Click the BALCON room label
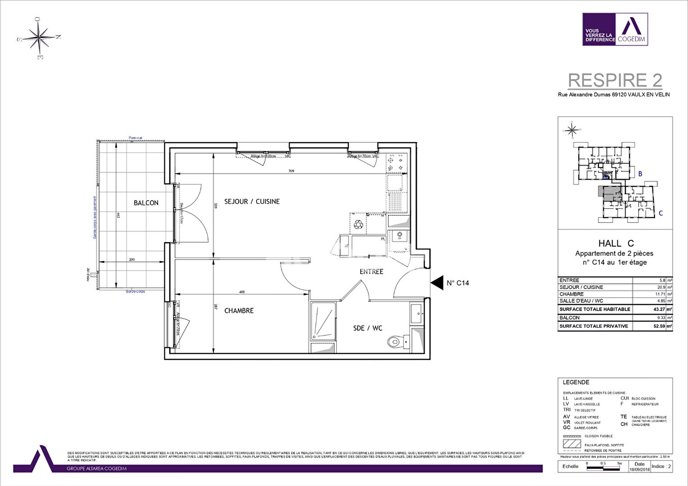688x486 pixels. [146, 203]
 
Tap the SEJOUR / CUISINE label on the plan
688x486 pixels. [252, 202]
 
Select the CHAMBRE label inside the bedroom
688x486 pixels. [239, 310]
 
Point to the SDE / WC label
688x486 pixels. [367, 328]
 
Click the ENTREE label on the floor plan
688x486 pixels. [371, 271]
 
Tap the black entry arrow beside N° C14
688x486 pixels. [437, 283]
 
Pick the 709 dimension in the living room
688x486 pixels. [291, 171]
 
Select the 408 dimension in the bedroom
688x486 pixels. [242, 292]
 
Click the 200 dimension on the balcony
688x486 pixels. [131, 260]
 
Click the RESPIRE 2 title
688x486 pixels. [615, 81]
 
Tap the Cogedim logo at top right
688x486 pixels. [615, 29]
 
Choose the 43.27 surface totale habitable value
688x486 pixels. [659, 309]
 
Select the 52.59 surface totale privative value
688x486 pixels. [659, 326]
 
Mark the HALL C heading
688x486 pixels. [616, 243]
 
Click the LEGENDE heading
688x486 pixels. [576, 382]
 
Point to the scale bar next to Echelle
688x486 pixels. [603, 467]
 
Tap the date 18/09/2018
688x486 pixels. [639, 469]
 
